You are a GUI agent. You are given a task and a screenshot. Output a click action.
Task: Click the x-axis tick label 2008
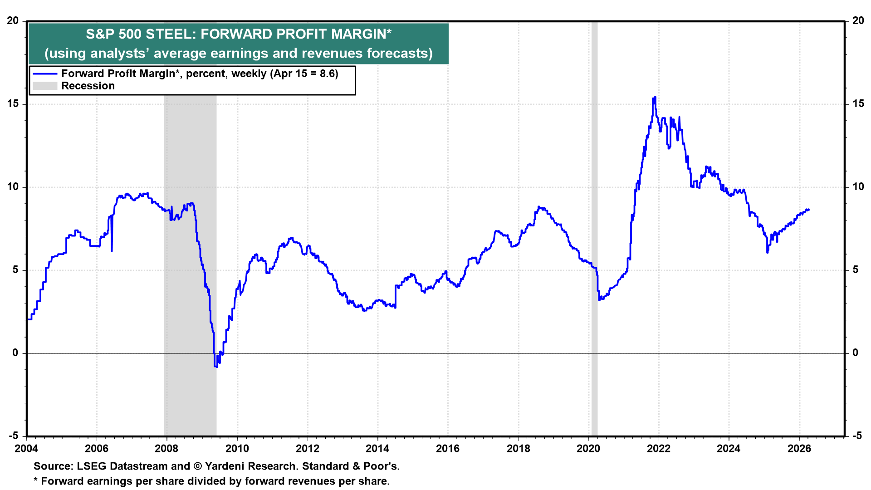pos(167,449)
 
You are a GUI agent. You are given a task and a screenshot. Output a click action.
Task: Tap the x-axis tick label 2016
pos(448,449)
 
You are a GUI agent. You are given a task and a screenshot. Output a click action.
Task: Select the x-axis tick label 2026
pos(799,449)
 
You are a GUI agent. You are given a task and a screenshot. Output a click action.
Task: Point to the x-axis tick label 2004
pos(27,449)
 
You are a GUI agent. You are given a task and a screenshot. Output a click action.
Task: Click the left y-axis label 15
pos(13,104)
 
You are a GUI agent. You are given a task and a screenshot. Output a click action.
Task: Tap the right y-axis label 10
pos(858,187)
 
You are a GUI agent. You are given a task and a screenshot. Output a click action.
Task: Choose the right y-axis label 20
pos(858,21)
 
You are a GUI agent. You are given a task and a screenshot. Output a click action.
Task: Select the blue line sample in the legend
pos(45,74)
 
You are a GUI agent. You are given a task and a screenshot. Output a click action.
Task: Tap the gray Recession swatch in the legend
pos(45,86)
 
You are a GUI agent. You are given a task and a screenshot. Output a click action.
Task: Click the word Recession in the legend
pos(88,86)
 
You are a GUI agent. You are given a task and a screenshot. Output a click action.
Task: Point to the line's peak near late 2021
pos(655,98)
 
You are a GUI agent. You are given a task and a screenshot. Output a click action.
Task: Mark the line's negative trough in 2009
pos(216,366)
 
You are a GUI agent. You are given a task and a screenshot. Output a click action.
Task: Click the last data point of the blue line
pos(809,210)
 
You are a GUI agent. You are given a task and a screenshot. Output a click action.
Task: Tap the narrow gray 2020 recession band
pos(594,227)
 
